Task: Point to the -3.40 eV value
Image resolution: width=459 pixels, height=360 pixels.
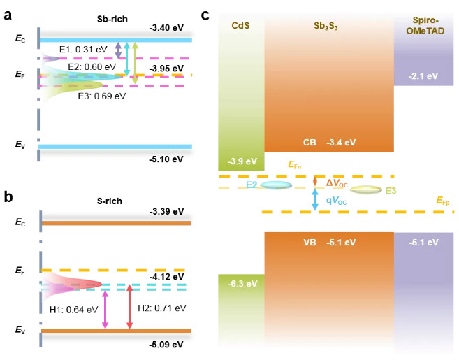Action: coord(166,29)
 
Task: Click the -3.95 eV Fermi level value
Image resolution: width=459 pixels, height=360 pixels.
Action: coord(166,67)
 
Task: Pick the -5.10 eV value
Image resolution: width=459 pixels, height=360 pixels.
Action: coord(166,159)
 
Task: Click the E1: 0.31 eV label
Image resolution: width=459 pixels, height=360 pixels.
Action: coord(82,50)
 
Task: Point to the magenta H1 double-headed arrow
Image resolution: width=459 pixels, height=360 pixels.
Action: coord(105,308)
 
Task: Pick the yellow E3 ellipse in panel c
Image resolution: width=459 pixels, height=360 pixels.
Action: coord(365,189)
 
